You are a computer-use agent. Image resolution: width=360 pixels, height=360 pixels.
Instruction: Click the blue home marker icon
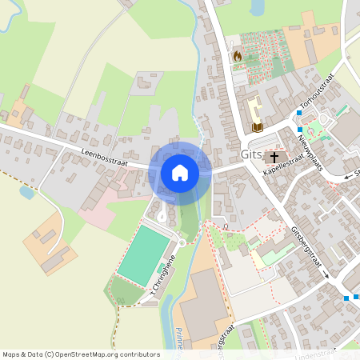click(x=179, y=172)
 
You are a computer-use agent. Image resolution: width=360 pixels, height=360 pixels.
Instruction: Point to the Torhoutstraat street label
click(x=315, y=94)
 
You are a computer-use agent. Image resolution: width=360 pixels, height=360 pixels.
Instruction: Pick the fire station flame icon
click(x=237, y=56)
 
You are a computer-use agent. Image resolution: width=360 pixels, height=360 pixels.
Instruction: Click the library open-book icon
click(x=258, y=126)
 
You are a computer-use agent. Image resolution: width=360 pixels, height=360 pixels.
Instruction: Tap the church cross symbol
click(x=274, y=157)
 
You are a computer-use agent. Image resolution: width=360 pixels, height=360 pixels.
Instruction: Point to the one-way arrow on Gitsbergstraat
click(x=326, y=275)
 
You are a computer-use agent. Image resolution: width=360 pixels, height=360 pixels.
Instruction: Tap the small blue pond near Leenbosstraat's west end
click(x=27, y=192)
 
